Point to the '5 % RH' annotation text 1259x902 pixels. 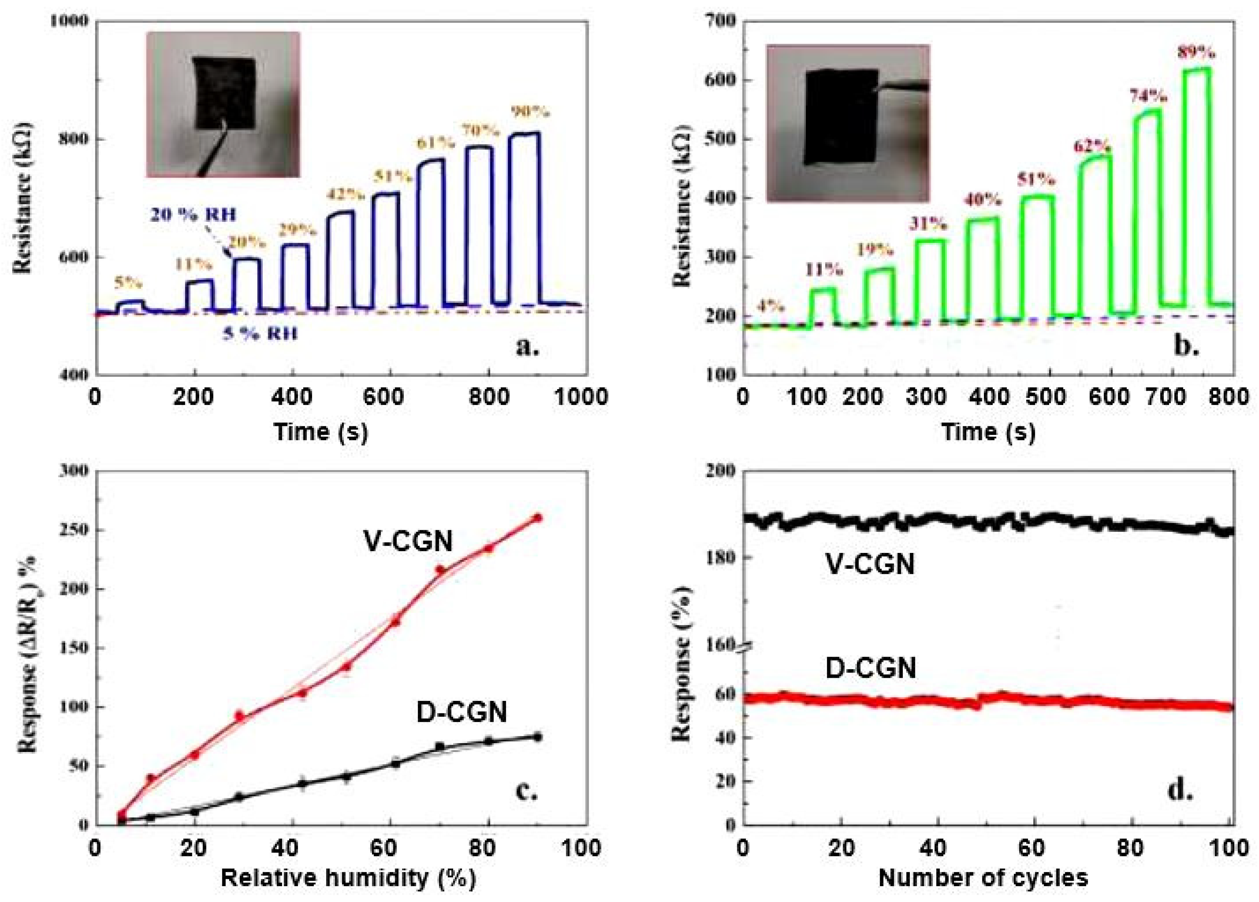260,334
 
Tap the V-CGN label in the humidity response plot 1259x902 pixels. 408,541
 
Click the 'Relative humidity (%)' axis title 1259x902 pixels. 348,878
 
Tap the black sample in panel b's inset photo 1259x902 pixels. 841,117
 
